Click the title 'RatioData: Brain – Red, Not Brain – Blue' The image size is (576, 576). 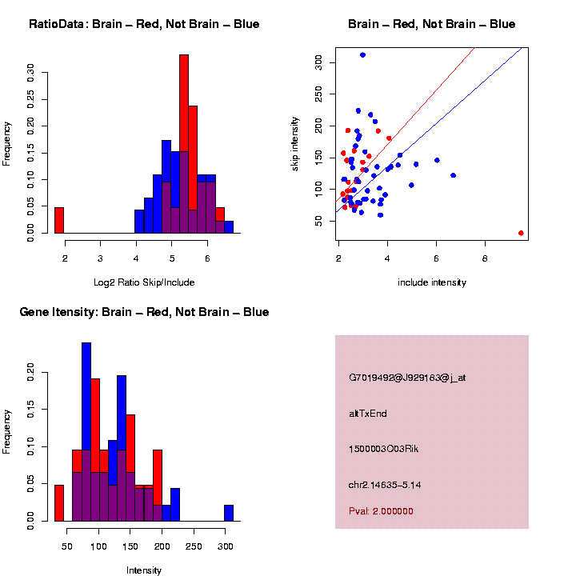coord(144,24)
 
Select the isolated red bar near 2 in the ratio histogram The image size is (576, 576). coord(59,220)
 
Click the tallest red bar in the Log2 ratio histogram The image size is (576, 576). coord(184,144)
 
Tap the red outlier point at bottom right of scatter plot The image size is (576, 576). coord(521,233)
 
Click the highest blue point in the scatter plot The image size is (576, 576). coord(362,55)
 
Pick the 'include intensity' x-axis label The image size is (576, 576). coord(432,282)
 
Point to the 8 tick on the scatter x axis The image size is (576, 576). coord(485,258)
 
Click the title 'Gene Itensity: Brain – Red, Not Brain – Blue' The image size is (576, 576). coord(144,312)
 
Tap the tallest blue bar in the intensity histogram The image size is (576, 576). coord(86,432)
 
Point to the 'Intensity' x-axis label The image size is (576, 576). coord(144,570)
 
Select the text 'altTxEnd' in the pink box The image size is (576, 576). coord(368,414)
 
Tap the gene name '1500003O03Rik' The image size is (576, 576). coord(384,449)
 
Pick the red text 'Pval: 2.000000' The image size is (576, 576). coord(381,510)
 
